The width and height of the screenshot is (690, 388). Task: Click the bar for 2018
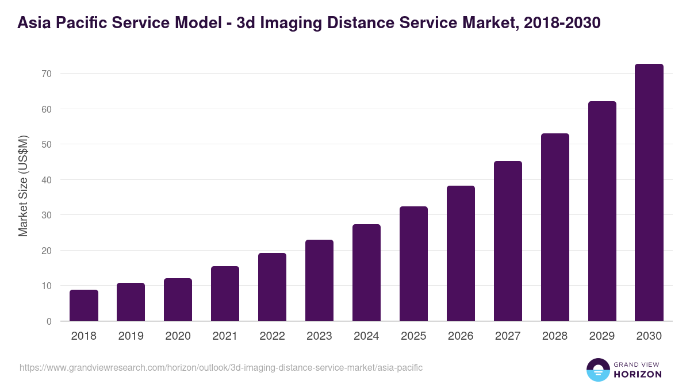click(84, 305)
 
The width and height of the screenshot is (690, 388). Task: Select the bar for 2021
click(225, 294)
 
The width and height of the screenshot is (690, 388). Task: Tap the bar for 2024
click(366, 272)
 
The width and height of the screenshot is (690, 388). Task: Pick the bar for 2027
click(508, 241)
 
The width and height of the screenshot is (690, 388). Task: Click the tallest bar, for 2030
click(649, 193)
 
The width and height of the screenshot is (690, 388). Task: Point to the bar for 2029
click(602, 211)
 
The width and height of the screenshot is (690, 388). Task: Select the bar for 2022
click(272, 287)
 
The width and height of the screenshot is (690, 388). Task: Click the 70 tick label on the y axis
click(47, 74)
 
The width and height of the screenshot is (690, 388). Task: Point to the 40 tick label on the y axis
click(47, 180)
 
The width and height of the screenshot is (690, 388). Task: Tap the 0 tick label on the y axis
click(49, 321)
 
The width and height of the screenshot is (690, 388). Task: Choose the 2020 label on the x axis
click(178, 336)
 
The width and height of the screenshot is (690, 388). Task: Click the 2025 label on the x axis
click(413, 336)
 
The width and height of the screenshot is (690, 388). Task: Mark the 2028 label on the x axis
click(555, 336)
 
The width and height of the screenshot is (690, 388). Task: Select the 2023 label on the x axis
click(319, 336)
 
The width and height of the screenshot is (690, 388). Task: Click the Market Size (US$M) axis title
click(23, 186)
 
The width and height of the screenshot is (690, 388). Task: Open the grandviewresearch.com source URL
click(221, 367)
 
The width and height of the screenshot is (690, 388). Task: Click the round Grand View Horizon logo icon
click(597, 370)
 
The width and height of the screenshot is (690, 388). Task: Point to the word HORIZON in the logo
click(638, 374)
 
